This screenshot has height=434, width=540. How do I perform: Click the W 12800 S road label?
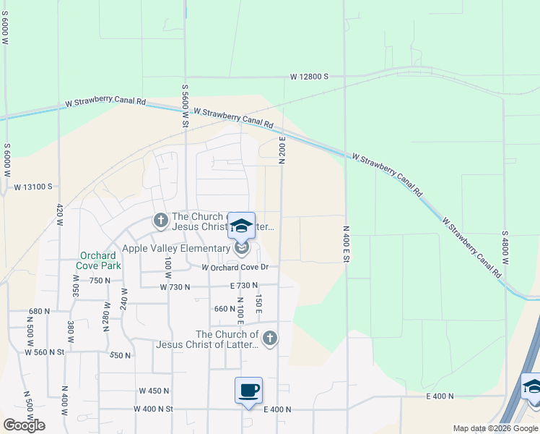[x=309, y=76]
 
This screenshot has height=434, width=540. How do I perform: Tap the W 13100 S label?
[x=32, y=186]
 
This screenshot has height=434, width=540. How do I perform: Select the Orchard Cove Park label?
[x=98, y=260]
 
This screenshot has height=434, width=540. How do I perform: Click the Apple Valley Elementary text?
[x=175, y=249]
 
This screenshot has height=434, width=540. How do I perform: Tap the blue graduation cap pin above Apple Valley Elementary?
[x=242, y=226]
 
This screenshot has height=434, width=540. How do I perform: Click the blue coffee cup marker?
[x=248, y=391]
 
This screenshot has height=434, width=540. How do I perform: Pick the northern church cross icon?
[x=160, y=219]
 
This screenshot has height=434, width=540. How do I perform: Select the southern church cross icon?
[x=269, y=338]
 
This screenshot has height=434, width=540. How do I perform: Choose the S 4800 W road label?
[x=505, y=249]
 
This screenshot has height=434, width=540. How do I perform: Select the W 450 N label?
[x=154, y=391]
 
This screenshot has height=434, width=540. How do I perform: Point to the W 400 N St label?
[x=154, y=409]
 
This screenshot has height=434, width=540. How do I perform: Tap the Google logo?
[x=24, y=425]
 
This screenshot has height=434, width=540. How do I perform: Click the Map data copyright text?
[x=495, y=428]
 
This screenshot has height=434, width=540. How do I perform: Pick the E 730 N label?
[x=244, y=287]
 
